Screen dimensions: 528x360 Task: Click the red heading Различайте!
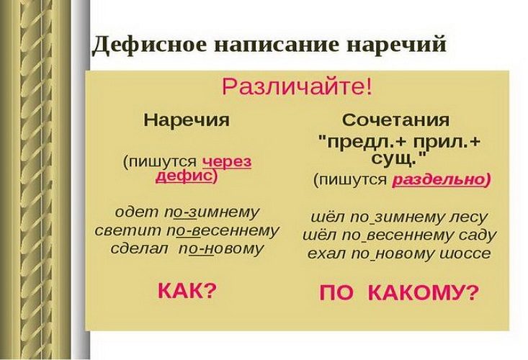[x=297, y=87]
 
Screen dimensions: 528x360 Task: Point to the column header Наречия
[x=187, y=120]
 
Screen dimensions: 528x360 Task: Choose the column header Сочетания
[x=395, y=120]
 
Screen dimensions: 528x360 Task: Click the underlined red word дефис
[x=184, y=176]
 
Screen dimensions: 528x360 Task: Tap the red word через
[x=227, y=162]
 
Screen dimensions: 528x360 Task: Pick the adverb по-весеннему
[x=223, y=231]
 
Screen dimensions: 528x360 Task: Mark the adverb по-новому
[x=221, y=248]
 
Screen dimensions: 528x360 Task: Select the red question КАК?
[x=187, y=291]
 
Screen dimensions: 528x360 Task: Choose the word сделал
[x=140, y=248]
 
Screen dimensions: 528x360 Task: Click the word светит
[x=128, y=231]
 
